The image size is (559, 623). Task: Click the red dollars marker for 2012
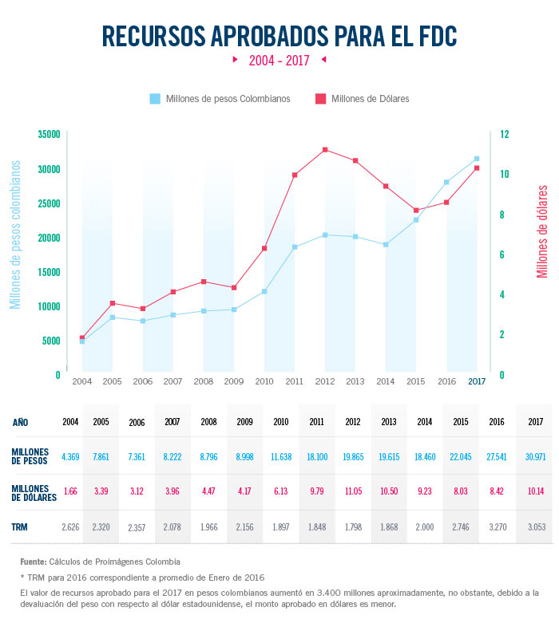pos(325,150)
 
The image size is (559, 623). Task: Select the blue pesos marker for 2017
pos(477,159)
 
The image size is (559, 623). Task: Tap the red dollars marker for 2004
pos(82,337)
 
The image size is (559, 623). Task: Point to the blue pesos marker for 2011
pos(295,247)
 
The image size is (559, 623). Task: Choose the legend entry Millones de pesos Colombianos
pos(220,99)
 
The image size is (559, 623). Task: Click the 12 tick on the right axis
pos(505,135)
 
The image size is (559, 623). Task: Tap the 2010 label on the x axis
pos(264,381)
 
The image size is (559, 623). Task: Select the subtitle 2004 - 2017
pos(279,60)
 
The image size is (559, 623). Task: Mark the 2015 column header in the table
pos(461,422)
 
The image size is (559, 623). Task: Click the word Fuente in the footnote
pos(34,562)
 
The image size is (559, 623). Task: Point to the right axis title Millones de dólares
pos(543,231)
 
